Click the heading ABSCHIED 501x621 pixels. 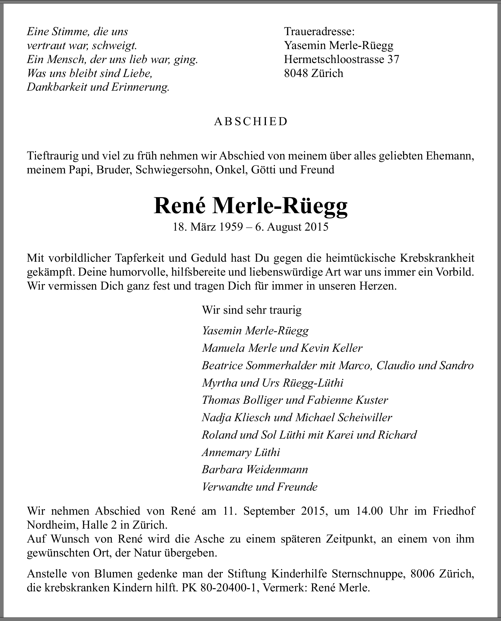coord(250,121)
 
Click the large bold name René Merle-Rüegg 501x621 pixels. coord(250,206)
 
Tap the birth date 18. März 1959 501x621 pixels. coord(207,227)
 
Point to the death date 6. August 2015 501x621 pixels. coord(292,227)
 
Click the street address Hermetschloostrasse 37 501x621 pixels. coord(341,59)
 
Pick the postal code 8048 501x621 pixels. coord(296,73)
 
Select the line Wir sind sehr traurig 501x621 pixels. coord(252,310)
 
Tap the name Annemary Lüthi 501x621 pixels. coord(241,452)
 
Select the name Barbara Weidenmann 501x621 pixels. coord(255,470)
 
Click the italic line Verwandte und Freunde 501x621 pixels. coord(260,487)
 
